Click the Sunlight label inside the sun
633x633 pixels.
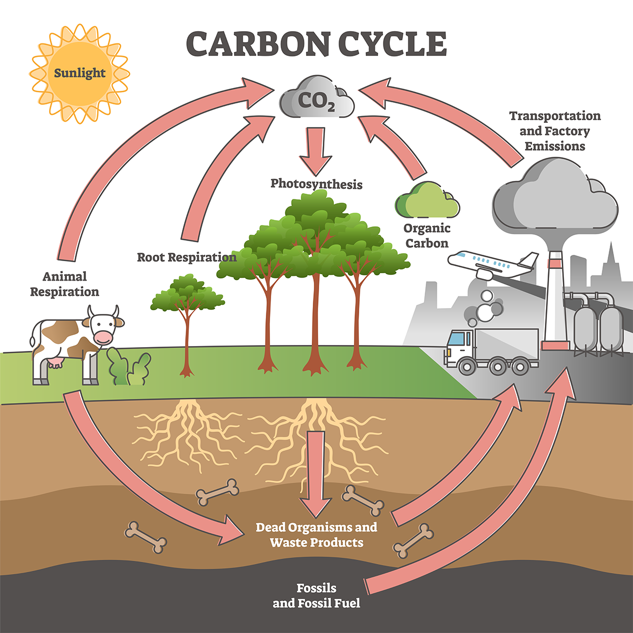80,73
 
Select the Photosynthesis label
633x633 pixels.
316,184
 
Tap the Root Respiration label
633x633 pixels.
187,257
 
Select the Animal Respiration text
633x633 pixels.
64,284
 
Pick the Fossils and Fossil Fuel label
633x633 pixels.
316,596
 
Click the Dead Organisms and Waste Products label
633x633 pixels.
316,534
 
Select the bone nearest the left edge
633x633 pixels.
146,538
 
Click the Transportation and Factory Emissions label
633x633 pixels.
555,131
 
